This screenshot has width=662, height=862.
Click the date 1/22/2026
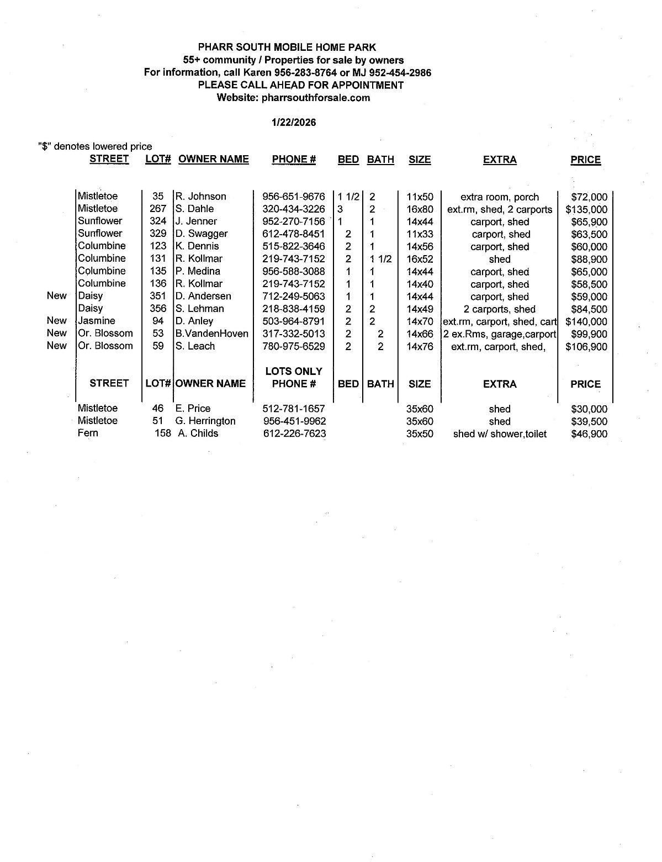(294, 122)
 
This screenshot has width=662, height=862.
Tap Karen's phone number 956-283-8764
(305, 72)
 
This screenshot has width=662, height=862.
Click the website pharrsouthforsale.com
(316, 98)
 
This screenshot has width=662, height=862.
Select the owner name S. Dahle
(195, 209)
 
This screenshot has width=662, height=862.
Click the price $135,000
(586, 210)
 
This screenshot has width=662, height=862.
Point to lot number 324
(158, 221)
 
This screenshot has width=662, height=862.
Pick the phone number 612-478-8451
(294, 234)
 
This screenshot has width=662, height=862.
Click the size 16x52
(420, 259)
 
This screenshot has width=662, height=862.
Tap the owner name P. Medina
(198, 271)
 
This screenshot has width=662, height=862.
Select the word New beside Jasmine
(56, 320)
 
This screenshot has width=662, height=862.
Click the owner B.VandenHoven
(212, 334)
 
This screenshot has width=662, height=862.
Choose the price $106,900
(586, 347)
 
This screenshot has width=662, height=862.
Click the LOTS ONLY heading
(294, 371)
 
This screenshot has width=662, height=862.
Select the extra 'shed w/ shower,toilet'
(500, 434)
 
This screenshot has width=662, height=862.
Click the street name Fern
(88, 433)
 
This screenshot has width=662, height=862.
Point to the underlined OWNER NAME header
(214, 160)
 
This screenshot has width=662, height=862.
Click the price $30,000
(589, 409)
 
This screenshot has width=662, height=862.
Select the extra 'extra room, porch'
(500, 197)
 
